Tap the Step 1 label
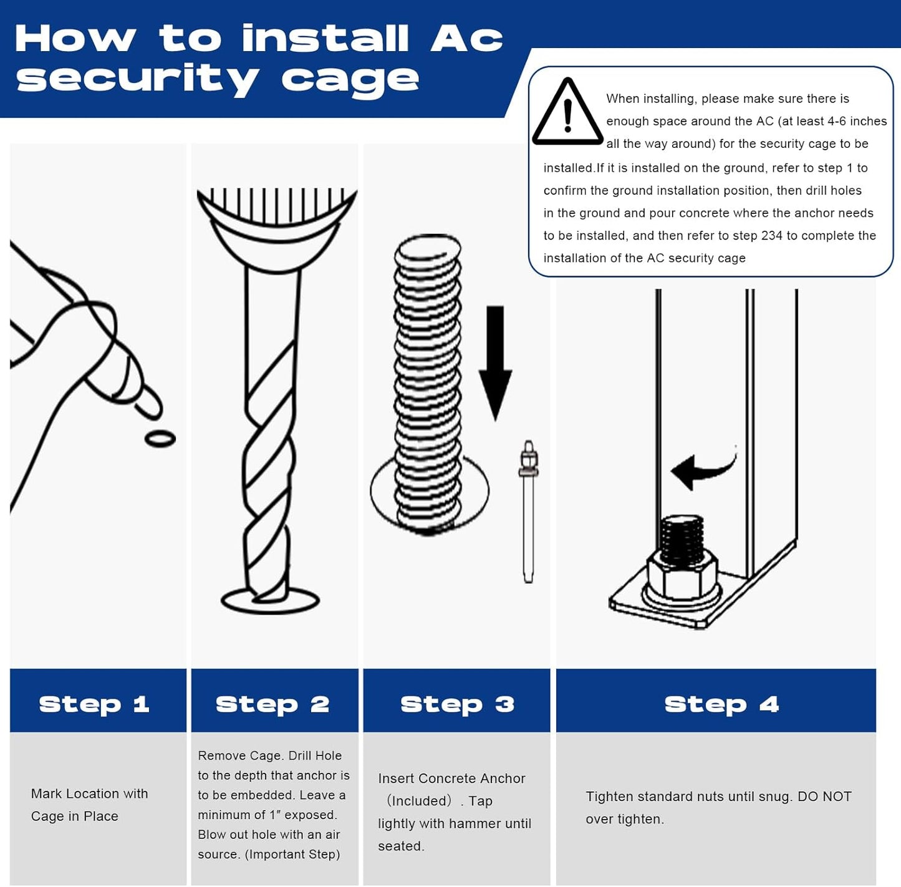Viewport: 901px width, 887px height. coord(94,705)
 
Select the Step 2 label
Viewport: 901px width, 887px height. coord(272,705)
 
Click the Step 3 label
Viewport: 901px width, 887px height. coord(457,705)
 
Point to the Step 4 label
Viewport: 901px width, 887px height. coord(721,705)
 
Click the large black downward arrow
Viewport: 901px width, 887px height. coord(495,364)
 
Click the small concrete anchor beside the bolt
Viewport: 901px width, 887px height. coord(528,511)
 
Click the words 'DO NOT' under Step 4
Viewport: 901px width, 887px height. coord(824,796)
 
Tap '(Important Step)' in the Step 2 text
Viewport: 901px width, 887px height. coord(292,855)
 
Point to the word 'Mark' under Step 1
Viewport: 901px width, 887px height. coord(46,793)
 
